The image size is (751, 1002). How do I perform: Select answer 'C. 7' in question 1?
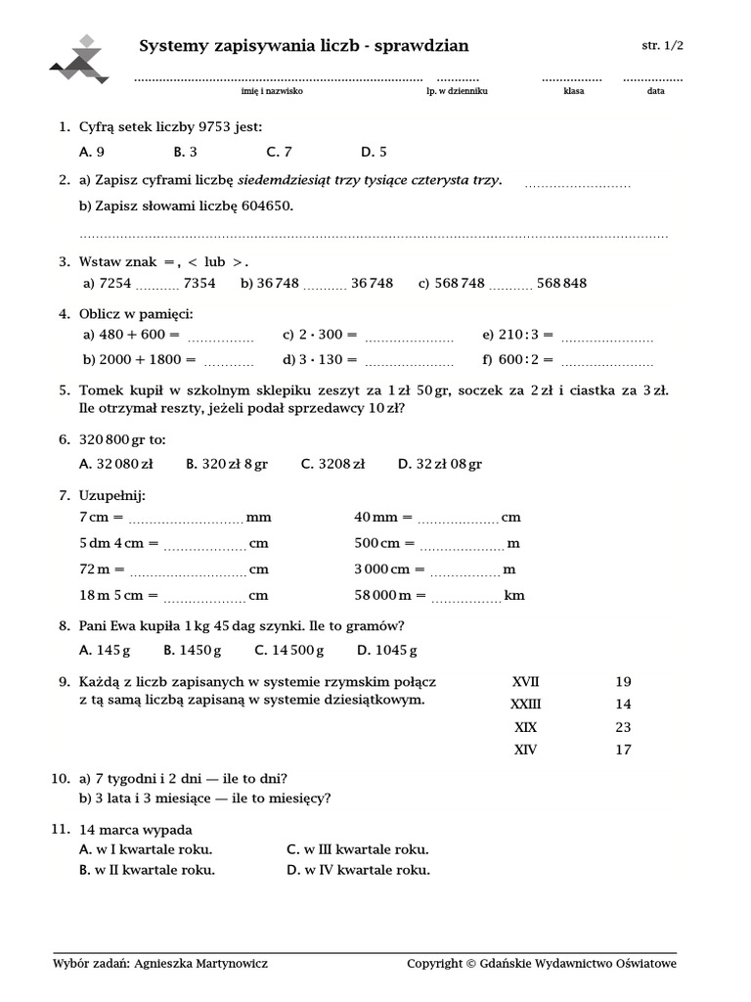[x=279, y=152]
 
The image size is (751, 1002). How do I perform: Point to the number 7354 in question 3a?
[x=199, y=283]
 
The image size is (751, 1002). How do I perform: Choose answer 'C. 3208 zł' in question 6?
[x=333, y=464]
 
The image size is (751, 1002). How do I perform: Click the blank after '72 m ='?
[x=188, y=569]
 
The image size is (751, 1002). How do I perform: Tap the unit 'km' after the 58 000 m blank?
[x=514, y=595]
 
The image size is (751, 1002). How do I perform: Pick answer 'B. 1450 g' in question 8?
[x=193, y=650]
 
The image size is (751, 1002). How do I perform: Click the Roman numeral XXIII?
[x=526, y=705]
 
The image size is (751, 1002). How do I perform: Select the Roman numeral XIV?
[x=526, y=751]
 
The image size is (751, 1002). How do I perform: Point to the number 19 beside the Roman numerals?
[x=623, y=682]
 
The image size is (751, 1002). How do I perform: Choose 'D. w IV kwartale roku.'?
[x=358, y=870]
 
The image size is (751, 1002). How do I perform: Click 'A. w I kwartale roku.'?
[x=146, y=849]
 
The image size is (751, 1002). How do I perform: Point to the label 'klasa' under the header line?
[x=573, y=91]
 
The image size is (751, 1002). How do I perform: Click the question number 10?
[x=59, y=779]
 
